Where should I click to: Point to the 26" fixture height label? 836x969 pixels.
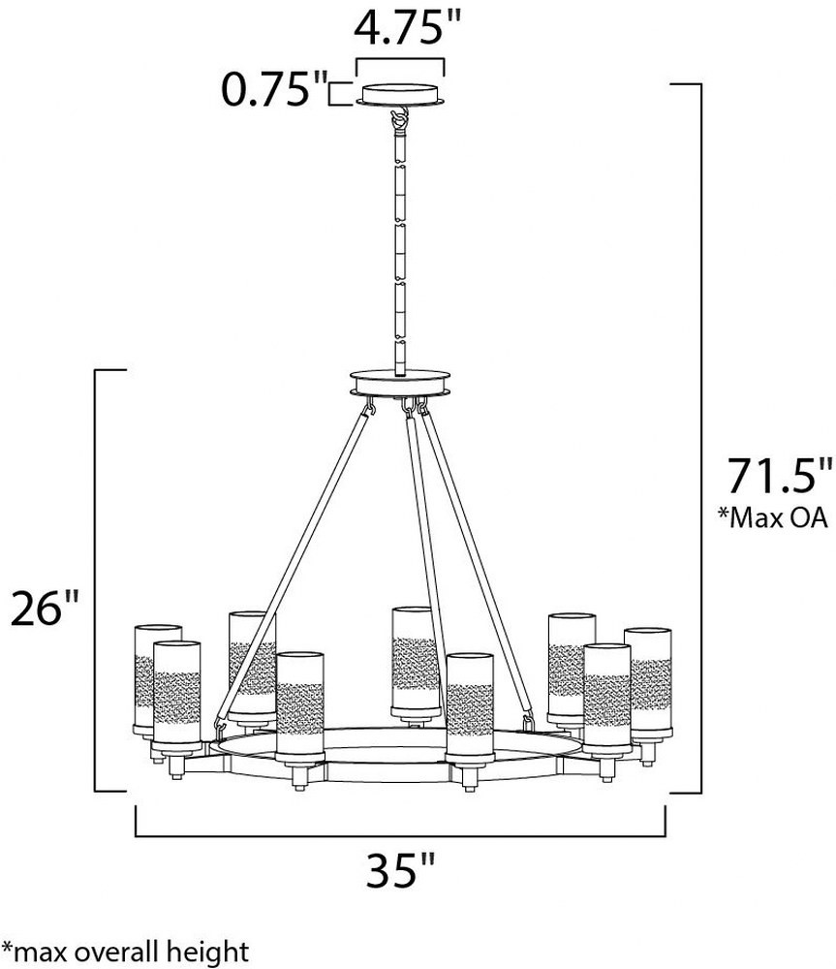click(x=46, y=609)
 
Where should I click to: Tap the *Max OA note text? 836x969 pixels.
click(x=772, y=517)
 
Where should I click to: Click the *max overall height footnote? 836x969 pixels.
click(x=125, y=953)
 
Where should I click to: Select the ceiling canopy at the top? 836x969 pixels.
click(x=400, y=95)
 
